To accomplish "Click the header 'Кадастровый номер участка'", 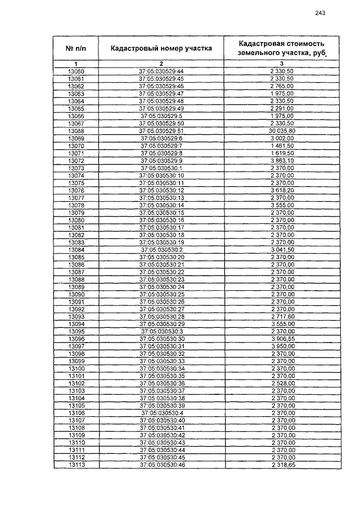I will (161, 48).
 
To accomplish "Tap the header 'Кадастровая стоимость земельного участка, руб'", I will (281, 48).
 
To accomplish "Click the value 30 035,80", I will (282, 130).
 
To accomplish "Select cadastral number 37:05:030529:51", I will (161, 130).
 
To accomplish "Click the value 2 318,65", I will (282, 464).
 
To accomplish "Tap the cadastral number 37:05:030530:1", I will (161, 168).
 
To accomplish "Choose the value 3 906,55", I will (282, 339).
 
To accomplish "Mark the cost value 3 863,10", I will (282, 160).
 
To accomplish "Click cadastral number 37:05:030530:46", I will (161, 464).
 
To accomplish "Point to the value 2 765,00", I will (282, 87).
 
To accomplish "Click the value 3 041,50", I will (282, 249).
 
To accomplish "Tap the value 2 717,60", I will (282, 317).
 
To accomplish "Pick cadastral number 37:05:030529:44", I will (161, 72).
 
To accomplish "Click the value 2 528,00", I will (282, 383).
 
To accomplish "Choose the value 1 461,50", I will (282, 146).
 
